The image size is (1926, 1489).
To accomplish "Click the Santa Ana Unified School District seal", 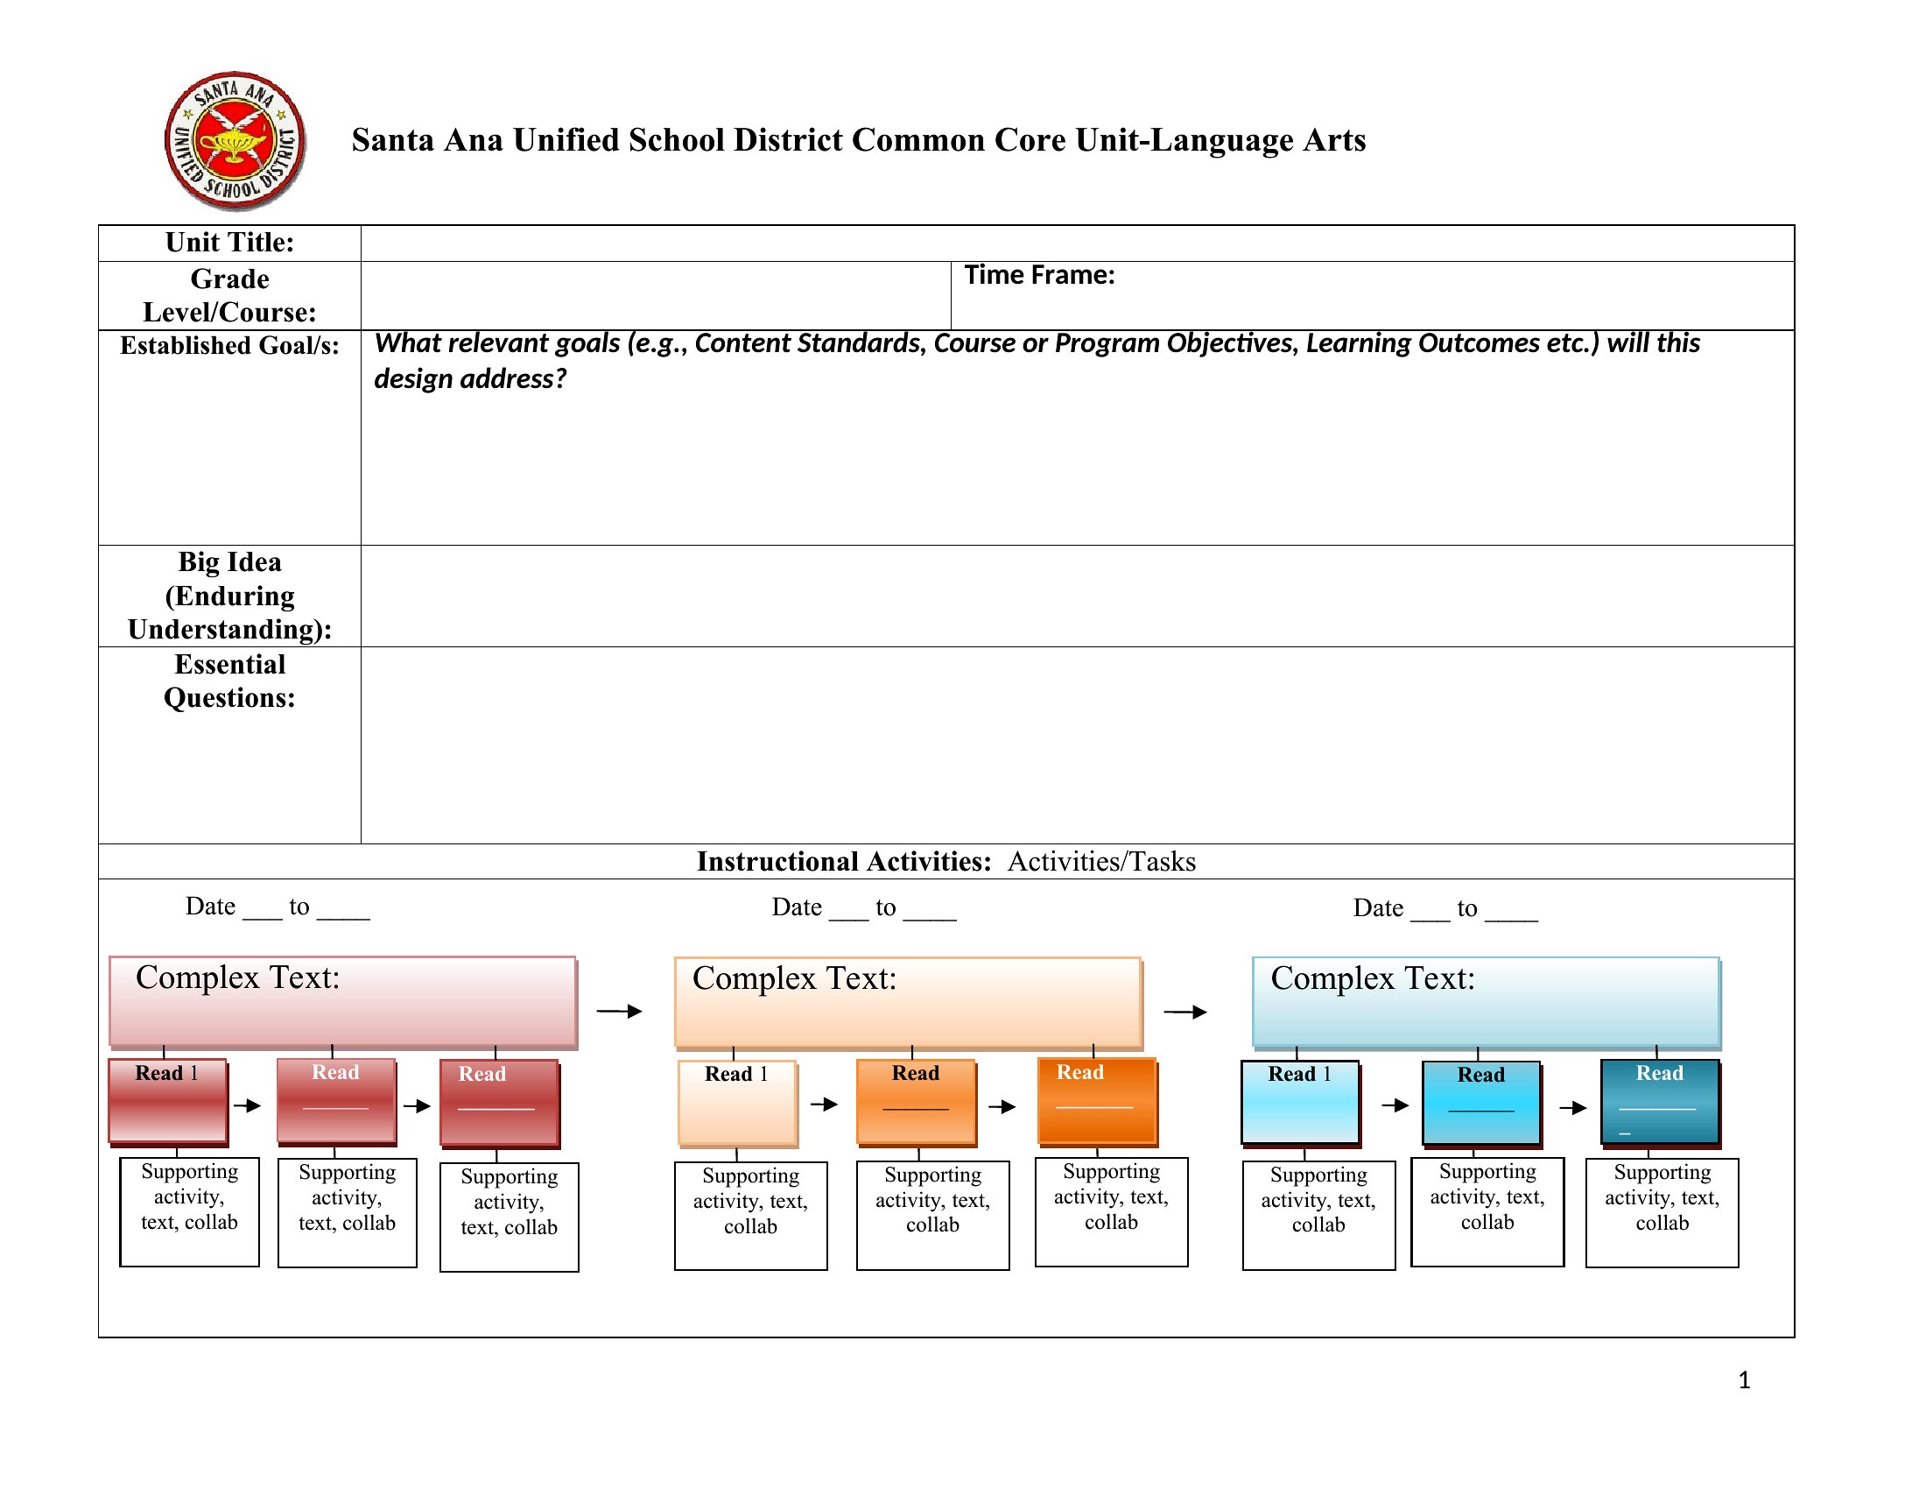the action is coord(235,141).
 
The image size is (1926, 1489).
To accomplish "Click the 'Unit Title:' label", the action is coord(229,243).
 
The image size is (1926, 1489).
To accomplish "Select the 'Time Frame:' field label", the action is coord(1040,275).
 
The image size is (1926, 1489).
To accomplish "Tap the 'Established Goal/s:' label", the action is coord(229,345).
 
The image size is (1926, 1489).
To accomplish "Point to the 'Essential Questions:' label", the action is coord(229,681).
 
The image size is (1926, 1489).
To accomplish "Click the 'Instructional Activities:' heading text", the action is coord(844,861).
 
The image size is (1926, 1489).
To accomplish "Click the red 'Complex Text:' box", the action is coord(343,1002).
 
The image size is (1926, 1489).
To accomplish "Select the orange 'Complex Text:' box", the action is coord(909,1003).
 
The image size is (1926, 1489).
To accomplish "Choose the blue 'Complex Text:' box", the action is coord(1487,1003).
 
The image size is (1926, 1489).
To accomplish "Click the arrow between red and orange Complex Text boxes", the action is coord(620,1011).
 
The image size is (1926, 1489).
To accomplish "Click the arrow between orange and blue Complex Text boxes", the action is coord(1185,1012).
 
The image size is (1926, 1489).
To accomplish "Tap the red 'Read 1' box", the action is coord(168,1103).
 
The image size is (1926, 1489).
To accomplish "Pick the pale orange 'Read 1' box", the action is coord(738,1103).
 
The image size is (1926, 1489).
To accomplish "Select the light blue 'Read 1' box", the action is coord(1302,1104).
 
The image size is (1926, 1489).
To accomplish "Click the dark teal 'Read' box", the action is coord(1661,1103).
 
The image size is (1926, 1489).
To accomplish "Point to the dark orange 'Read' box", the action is coord(1098,1103).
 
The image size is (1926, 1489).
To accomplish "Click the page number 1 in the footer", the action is coord(1743,1380).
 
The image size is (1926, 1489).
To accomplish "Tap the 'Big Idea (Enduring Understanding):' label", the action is coord(229,596).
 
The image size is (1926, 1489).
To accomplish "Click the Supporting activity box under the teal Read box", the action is coord(1662,1213).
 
